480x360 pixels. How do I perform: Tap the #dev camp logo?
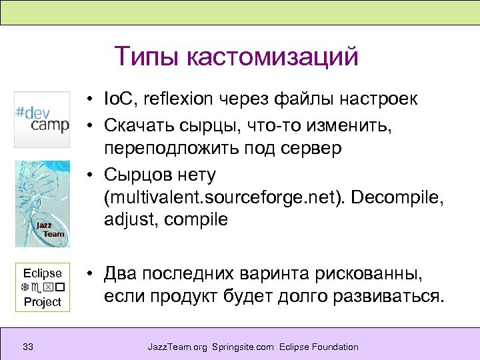click(42, 119)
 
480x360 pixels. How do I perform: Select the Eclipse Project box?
click(42, 287)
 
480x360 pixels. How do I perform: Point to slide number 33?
click(28, 347)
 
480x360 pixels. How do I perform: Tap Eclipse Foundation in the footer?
click(319, 347)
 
